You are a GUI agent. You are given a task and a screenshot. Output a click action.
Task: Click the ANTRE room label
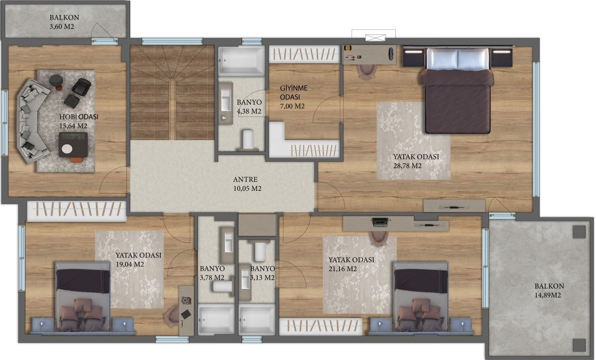pyautogui.click(x=245, y=180)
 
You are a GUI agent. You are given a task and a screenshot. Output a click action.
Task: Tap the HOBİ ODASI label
pyautogui.click(x=79, y=117)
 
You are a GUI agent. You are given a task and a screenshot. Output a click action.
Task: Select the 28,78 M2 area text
pyautogui.click(x=408, y=166)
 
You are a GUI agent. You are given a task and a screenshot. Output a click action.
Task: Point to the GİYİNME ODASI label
pyautogui.click(x=293, y=92)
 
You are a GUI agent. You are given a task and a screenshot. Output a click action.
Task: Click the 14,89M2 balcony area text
pyautogui.click(x=548, y=295)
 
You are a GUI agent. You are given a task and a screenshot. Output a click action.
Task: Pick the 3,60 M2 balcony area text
pyautogui.click(x=62, y=26)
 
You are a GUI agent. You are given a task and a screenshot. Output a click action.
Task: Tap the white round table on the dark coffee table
pyautogui.click(x=67, y=149)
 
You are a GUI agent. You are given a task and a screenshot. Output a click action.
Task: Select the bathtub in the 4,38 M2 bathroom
pyautogui.click(x=241, y=60)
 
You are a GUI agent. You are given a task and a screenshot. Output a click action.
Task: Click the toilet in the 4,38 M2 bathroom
pyautogui.click(x=249, y=140)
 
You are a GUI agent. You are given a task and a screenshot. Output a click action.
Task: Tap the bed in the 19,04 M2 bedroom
pyautogui.click(x=83, y=297)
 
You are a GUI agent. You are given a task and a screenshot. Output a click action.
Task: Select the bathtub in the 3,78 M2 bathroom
pyautogui.click(x=216, y=320)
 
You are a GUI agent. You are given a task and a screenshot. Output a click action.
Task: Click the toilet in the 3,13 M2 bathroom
pyautogui.click(x=260, y=251)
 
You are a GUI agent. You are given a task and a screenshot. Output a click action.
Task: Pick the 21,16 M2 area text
pyautogui.click(x=343, y=269)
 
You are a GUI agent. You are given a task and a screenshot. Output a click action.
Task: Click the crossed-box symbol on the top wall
pyautogui.click(x=375, y=38)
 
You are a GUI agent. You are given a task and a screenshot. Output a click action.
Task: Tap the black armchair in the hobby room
pyautogui.click(x=81, y=86)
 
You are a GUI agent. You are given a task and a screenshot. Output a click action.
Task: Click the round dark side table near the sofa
pyautogui.click(x=56, y=80)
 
